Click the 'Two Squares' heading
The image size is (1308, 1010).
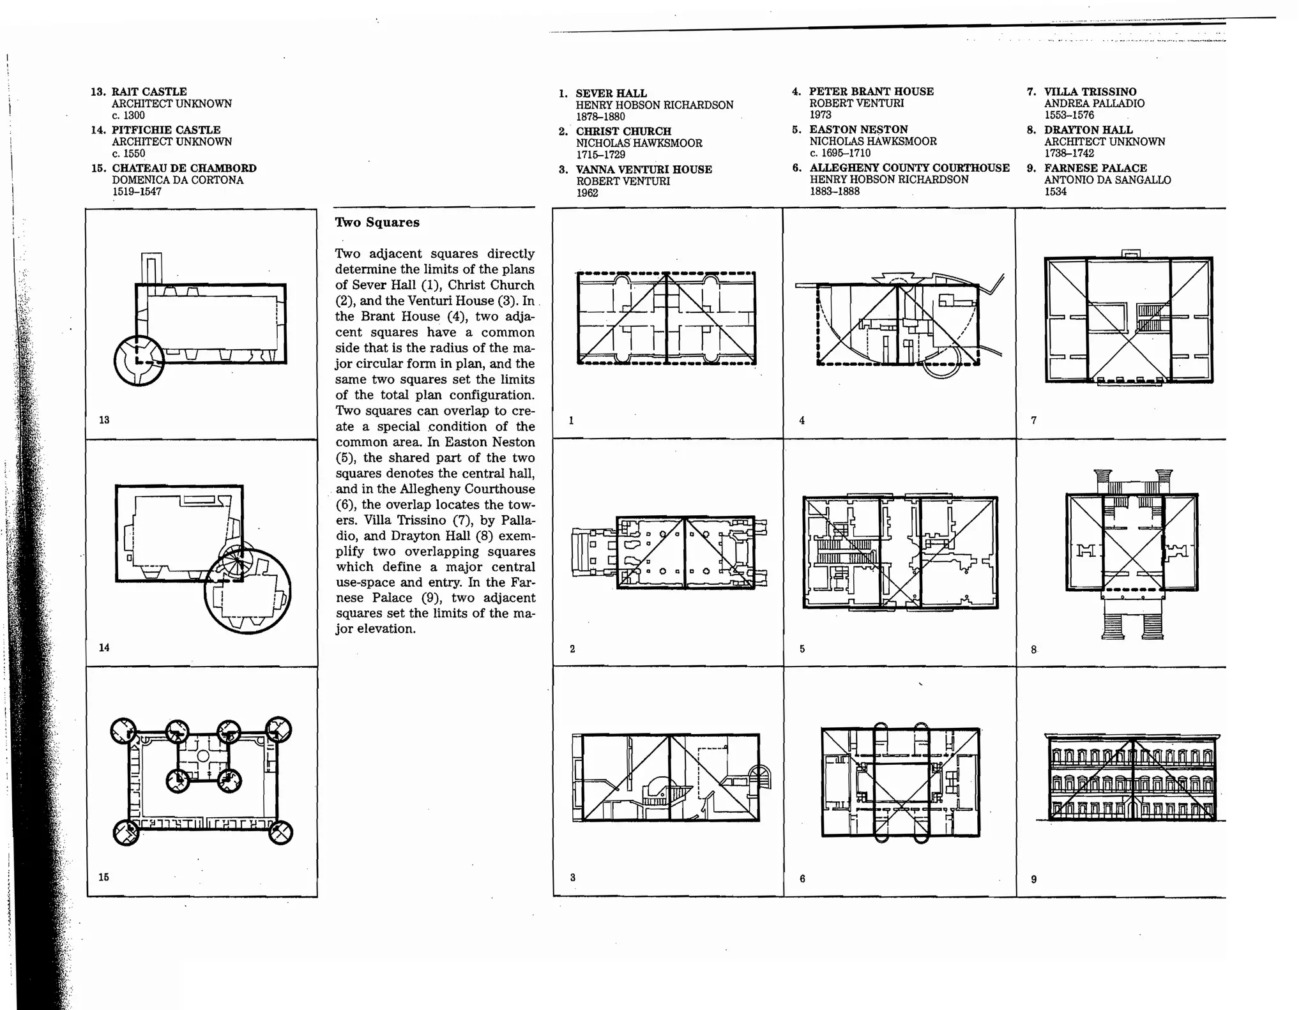(x=377, y=223)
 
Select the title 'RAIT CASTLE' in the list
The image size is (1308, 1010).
(x=149, y=92)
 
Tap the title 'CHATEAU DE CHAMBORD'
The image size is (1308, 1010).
(x=184, y=168)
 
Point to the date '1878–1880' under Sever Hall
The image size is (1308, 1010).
(x=600, y=117)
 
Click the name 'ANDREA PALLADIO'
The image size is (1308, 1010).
(x=1094, y=103)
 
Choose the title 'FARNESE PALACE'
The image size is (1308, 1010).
(x=1095, y=168)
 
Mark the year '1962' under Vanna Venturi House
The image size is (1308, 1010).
(x=587, y=193)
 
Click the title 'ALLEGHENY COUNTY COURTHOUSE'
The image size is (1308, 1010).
(x=909, y=168)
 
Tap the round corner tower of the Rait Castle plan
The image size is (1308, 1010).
(x=139, y=360)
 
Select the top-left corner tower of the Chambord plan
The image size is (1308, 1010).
(x=123, y=730)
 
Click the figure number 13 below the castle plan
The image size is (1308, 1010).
(x=104, y=420)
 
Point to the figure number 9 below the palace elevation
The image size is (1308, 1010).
(x=1034, y=879)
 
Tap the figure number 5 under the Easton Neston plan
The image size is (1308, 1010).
(x=802, y=649)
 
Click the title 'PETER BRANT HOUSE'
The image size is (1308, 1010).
(x=871, y=91)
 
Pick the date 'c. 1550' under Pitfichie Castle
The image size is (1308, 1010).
(x=128, y=154)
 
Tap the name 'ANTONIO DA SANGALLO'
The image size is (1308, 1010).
(x=1107, y=180)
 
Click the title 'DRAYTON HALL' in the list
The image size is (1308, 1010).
(x=1088, y=130)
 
